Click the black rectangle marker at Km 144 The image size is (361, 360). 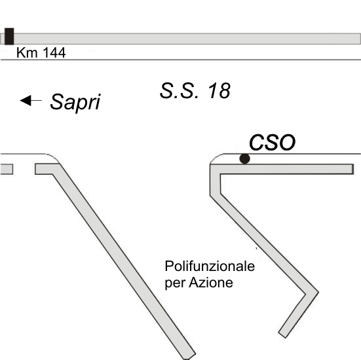pyautogui.click(x=9, y=37)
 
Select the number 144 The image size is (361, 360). pyautogui.click(x=54, y=52)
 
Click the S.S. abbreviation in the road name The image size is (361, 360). pyautogui.click(x=179, y=90)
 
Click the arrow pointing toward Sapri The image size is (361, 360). pyautogui.click(x=31, y=101)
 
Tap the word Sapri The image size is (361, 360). pyautogui.click(x=75, y=102)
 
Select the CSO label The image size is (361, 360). pyautogui.click(x=272, y=143)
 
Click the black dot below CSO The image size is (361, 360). pyautogui.click(x=244, y=158)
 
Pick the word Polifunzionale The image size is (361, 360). pyautogui.click(x=210, y=266)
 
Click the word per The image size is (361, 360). pyautogui.click(x=175, y=283)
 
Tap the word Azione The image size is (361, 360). pyautogui.click(x=211, y=282)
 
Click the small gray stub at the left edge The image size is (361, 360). pyautogui.click(x=6, y=169)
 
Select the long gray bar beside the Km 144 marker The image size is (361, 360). pyautogui.click(x=187, y=39)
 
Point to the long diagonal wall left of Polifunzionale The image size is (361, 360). pyautogui.click(x=124, y=261)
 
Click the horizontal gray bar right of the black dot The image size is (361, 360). pyautogui.click(x=286, y=169)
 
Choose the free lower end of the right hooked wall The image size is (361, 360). pyautogui.click(x=282, y=335)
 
